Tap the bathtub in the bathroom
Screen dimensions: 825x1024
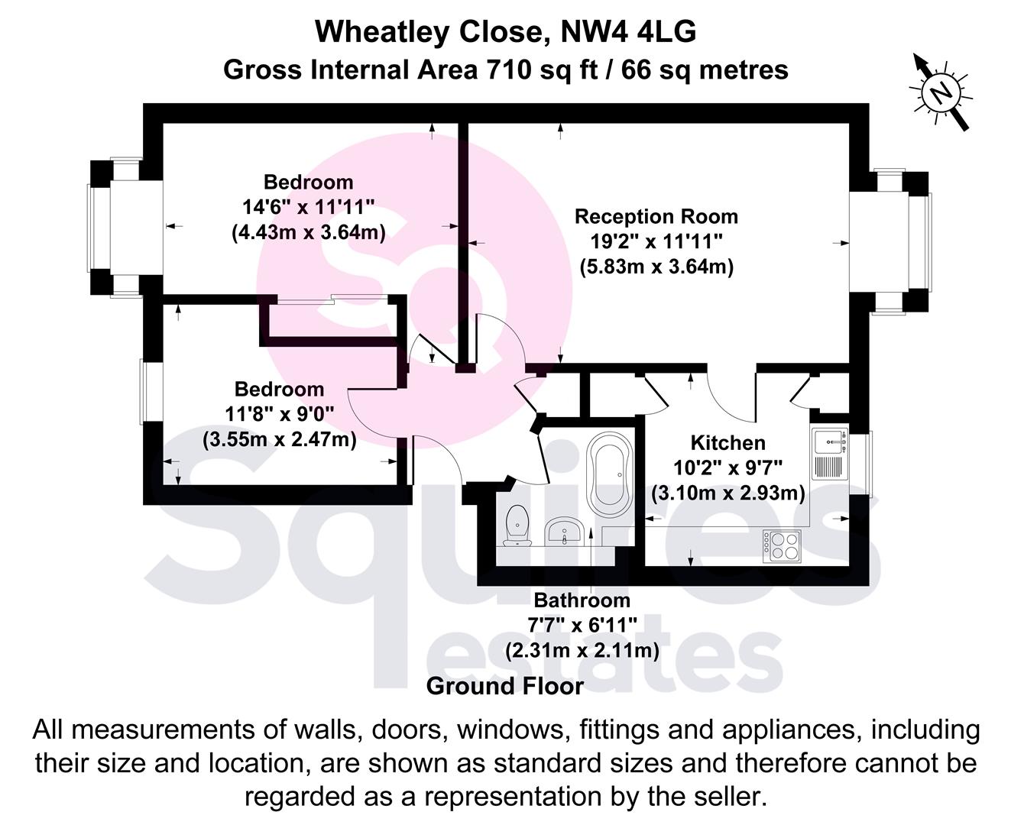tap(608, 474)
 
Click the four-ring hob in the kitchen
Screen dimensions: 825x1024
tap(782, 546)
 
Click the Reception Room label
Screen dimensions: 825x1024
tap(656, 216)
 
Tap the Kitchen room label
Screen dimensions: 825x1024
tap(727, 443)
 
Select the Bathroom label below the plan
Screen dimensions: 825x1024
tap(582, 600)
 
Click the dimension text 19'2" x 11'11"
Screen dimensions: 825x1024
tap(656, 241)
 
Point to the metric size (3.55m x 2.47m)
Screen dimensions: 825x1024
tap(279, 439)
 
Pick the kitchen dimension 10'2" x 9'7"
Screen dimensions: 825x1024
tap(727, 467)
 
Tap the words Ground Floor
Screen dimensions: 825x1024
tap(504, 686)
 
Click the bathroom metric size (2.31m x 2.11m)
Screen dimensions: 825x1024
tap(582, 650)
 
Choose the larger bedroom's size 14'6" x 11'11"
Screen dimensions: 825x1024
tap(308, 206)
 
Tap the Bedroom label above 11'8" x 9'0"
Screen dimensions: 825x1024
tap(279, 389)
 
